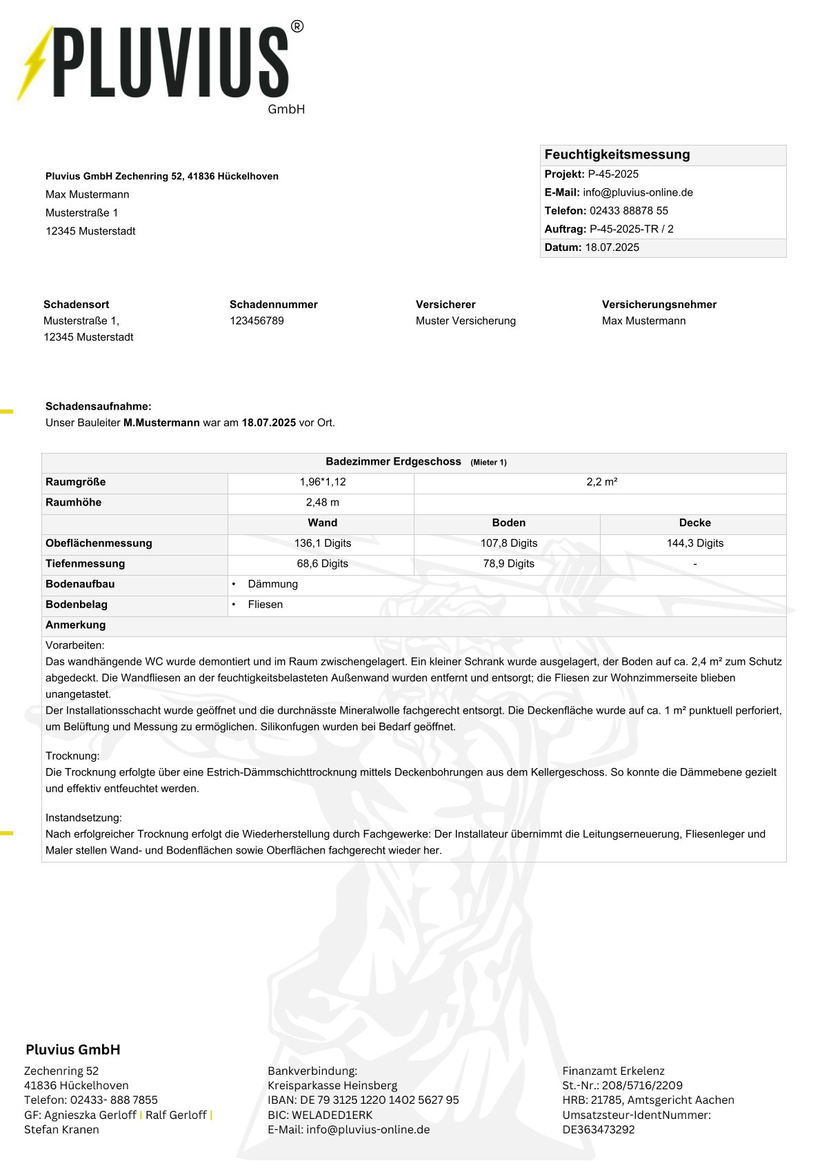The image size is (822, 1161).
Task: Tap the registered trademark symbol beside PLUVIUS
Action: tap(297, 27)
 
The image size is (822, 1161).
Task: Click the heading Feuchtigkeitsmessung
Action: tap(616, 154)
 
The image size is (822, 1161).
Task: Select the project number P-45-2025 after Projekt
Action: tap(613, 174)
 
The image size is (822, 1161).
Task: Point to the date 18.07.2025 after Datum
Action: tap(612, 247)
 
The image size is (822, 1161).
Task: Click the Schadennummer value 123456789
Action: tap(257, 321)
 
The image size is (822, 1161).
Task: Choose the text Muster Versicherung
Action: tap(465, 321)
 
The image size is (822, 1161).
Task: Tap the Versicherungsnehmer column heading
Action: tap(659, 304)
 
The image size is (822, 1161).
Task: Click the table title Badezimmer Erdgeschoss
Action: tap(393, 461)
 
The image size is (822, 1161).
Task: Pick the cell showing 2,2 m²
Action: tap(601, 482)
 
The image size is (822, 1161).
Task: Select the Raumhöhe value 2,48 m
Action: tap(322, 502)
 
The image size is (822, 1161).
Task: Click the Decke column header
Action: tap(694, 523)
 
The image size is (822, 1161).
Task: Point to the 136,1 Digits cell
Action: tap(322, 543)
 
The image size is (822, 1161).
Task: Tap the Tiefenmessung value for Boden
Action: tap(508, 563)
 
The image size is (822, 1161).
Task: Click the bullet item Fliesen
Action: tap(265, 604)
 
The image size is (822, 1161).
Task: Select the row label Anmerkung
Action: tap(75, 625)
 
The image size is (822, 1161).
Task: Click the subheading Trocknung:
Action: tap(72, 756)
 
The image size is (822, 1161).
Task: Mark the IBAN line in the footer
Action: tap(363, 1100)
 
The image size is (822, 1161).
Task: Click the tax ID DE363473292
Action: tap(598, 1129)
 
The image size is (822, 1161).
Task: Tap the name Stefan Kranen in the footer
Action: tap(61, 1129)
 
